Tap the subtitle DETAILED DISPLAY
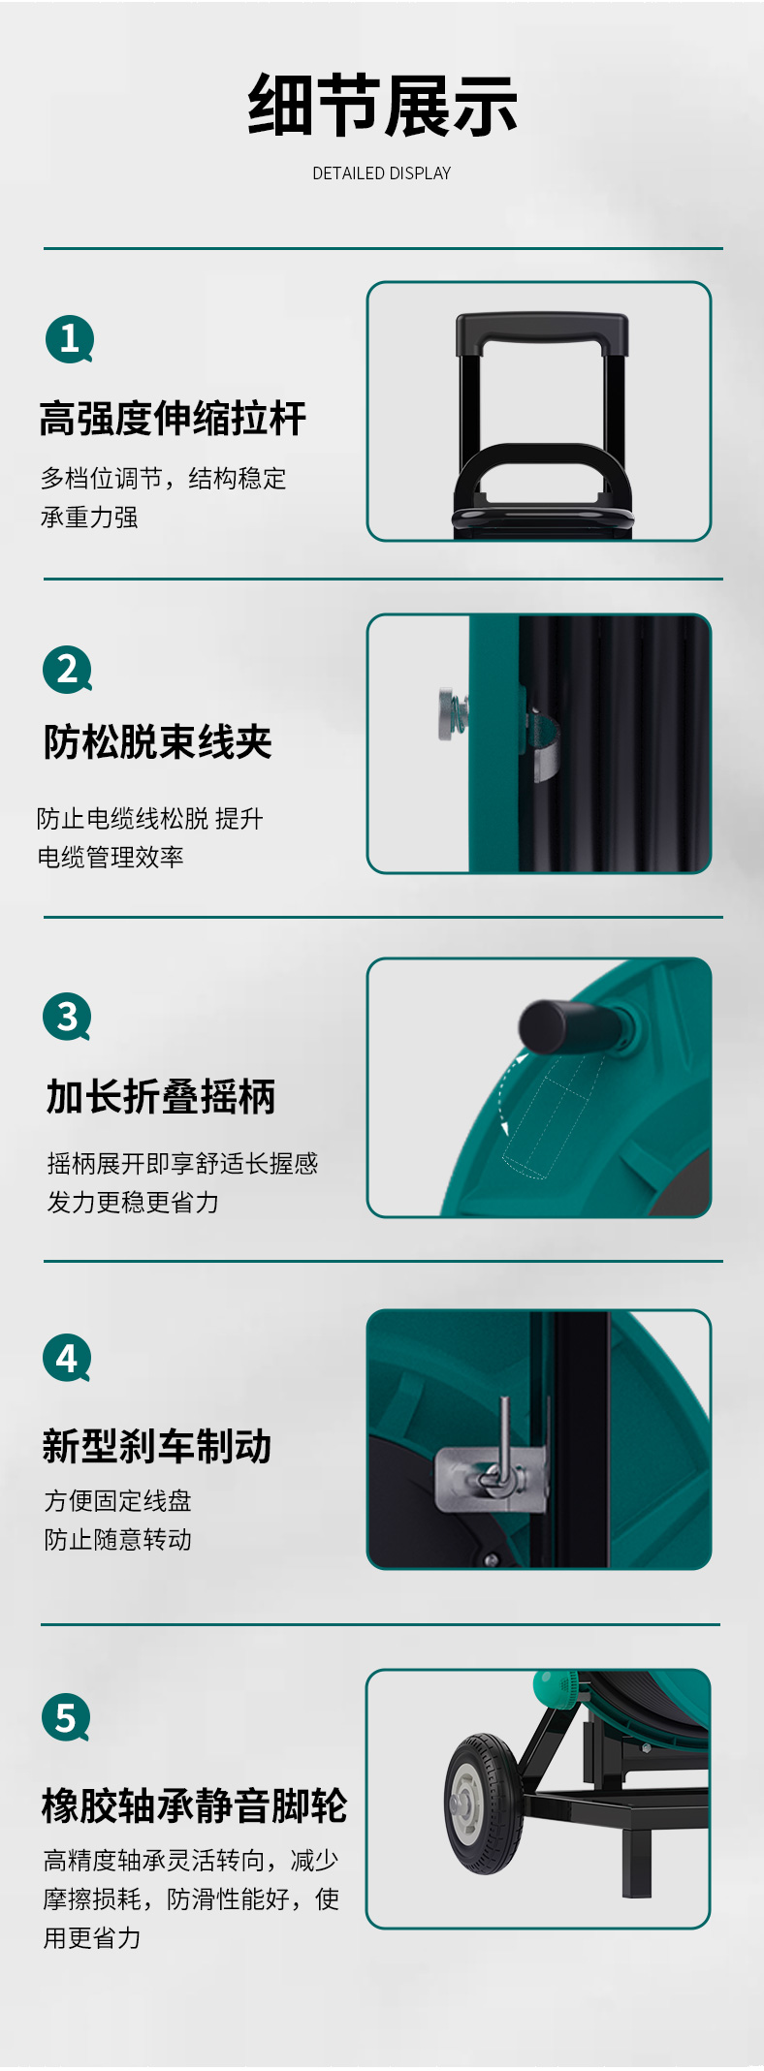coord(382,173)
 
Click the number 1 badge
coord(70,339)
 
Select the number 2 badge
coord(68,670)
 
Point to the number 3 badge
coord(68,1017)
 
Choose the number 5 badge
coord(66,1717)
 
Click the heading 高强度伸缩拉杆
coord(173,419)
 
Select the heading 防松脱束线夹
coord(157,742)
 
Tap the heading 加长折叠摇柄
coord(161,1097)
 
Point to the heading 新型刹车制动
coord(157,1446)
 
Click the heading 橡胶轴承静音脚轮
coord(194,1806)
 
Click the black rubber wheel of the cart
coord(484,1804)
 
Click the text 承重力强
coord(89,518)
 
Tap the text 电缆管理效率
coord(111,858)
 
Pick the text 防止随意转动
coord(118,1540)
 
